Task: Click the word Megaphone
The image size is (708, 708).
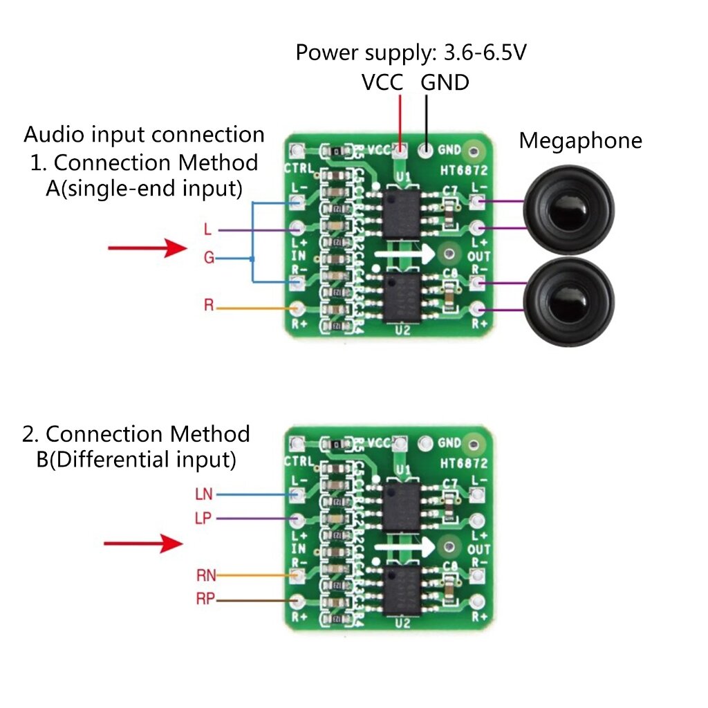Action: [580, 141]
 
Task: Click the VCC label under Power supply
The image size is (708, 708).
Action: [382, 83]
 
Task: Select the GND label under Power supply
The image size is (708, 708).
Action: [445, 83]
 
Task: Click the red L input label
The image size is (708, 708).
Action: [208, 229]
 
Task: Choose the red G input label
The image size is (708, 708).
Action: [209, 258]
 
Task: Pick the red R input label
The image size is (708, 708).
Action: [209, 305]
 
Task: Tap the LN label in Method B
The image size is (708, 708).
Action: [205, 494]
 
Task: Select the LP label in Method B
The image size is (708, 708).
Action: [205, 519]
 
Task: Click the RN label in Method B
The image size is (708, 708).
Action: [206, 574]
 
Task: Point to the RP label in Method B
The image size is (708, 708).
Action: [205, 599]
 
